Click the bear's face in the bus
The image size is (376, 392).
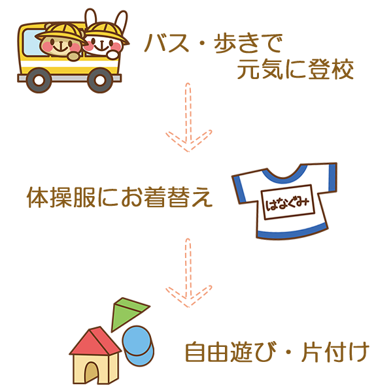click(60, 46)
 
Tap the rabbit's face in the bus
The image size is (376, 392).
click(103, 45)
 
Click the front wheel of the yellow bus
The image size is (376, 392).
click(100, 80)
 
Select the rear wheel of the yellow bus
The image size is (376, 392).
click(39, 80)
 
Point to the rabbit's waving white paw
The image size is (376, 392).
click(113, 54)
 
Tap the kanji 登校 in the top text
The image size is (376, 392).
click(331, 70)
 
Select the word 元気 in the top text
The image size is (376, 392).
click(260, 70)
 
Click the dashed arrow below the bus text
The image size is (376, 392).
click(188, 117)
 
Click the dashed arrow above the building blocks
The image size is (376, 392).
click(188, 272)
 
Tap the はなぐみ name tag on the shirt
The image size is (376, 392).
click(288, 203)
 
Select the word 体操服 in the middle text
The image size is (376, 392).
click(61, 197)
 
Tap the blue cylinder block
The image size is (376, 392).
click(139, 346)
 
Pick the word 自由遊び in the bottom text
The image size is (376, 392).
click(231, 353)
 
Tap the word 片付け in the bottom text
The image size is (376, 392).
click(335, 353)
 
